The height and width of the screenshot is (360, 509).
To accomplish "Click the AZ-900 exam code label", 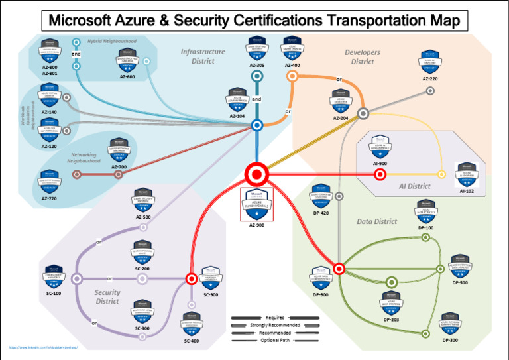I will [256, 225].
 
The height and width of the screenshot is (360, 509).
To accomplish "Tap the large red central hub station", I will [255, 174].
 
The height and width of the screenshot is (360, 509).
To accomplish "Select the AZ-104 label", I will [237, 116].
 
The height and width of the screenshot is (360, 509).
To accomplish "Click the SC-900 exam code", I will [210, 294].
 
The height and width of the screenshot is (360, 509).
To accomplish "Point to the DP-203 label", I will [391, 319].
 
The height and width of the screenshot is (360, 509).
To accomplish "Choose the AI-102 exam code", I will [467, 191].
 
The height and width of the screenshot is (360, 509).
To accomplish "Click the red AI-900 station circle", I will [380, 175].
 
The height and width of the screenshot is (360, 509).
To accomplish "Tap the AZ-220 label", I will [429, 78].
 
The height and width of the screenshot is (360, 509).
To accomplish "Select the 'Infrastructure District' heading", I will [203, 56].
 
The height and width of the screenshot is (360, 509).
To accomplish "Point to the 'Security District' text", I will [107, 296].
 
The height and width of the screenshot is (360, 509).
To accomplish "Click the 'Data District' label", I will [376, 221].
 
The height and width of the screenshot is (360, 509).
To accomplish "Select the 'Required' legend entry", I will [274, 318].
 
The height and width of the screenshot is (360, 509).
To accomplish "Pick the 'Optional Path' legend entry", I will [274, 340].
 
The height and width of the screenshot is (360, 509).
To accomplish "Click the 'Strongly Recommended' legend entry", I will [274, 325].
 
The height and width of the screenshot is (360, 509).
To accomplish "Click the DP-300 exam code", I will [449, 340].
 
